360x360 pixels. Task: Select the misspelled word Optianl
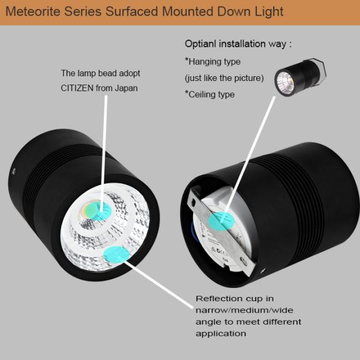[x=205, y=43]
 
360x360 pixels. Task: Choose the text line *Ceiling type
[x=209, y=94]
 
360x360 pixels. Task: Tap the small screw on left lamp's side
[x=11, y=172]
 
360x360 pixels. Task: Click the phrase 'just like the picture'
[x=224, y=78]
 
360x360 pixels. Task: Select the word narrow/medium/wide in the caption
[x=236, y=310]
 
